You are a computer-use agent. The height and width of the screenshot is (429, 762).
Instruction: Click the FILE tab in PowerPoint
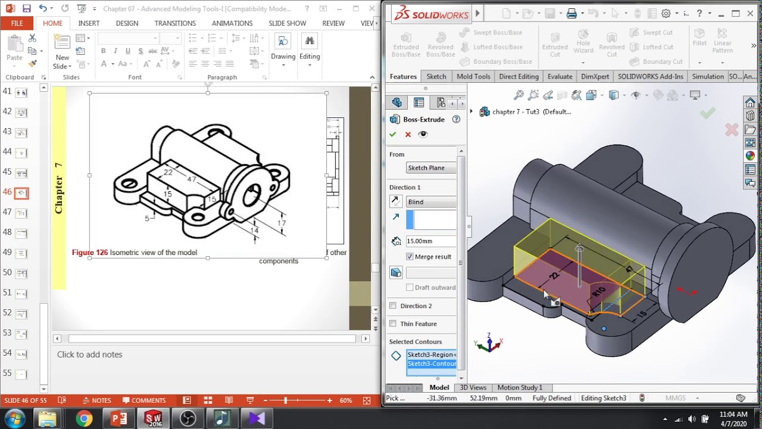point(17,23)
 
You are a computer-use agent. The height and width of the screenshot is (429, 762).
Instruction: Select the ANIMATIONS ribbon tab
point(232,23)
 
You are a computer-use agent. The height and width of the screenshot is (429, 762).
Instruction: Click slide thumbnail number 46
point(21,192)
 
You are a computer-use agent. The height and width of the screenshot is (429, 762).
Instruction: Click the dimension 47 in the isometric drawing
point(192,178)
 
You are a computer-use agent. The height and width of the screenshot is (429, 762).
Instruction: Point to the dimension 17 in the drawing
point(281,223)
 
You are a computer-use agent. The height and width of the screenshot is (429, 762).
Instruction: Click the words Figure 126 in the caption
point(90,253)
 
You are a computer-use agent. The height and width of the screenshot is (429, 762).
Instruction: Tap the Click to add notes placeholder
point(89,355)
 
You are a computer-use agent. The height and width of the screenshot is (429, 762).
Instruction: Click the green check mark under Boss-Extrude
point(393,135)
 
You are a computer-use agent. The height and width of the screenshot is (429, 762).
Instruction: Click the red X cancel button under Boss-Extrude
point(408,135)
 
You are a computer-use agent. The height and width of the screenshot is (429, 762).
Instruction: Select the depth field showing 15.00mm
point(430,241)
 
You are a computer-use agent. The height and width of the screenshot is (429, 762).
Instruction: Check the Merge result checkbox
point(410,257)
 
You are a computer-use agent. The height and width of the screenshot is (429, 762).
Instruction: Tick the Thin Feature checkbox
point(393,324)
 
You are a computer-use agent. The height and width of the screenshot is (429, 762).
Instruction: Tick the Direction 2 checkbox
point(393,306)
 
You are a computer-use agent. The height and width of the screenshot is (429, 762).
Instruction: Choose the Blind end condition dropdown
point(431,202)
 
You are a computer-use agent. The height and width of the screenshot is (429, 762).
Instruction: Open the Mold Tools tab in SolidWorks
point(473,76)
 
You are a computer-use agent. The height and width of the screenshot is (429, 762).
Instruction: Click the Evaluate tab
point(560,76)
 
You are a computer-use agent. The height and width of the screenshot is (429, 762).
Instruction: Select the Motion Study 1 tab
point(520,387)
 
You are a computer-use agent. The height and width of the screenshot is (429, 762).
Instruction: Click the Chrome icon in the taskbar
point(84,418)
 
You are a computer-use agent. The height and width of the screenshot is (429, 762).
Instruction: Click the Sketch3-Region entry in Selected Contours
point(432,355)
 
